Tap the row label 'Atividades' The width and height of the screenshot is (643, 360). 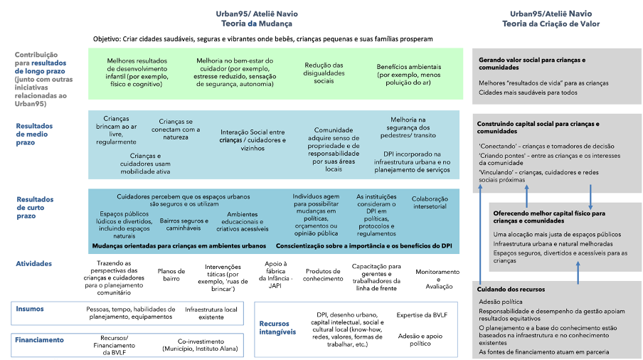click(33, 263)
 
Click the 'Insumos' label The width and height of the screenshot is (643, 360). click(30, 309)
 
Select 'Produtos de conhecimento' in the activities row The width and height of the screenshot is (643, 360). click(324, 276)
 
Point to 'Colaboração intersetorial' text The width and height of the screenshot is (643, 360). click(430, 202)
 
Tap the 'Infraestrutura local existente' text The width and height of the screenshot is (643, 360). click(212, 314)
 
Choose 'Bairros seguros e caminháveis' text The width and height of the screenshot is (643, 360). click(184, 226)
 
